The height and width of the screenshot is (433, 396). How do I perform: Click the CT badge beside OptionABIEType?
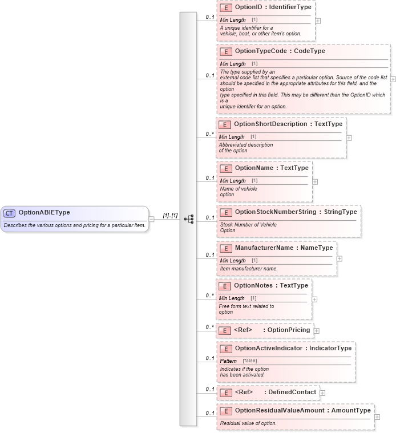(x=10, y=213)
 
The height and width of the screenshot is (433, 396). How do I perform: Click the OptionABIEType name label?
(x=44, y=213)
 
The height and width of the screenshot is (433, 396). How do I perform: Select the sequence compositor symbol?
(x=189, y=218)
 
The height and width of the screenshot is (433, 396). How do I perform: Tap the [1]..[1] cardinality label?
(x=170, y=215)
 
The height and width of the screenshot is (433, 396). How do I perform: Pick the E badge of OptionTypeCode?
(x=226, y=51)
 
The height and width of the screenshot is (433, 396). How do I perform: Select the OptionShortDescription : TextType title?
(x=288, y=124)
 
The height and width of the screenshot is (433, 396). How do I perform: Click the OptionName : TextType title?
(x=272, y=168)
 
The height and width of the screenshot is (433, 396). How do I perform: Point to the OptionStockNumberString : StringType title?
(x=296, y=212)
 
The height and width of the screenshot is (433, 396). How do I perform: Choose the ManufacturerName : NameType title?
(x=284, y=248)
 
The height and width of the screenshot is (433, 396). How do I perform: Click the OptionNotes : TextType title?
(x=271, y=286)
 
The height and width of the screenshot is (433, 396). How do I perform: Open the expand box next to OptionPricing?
(x=317, y=330)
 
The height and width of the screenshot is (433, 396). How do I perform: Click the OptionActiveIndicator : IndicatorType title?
(x=293, y=348)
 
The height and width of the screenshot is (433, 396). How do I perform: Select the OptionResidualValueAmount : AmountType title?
(x=302, y=410)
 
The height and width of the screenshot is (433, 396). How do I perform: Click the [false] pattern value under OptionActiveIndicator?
(x=249, y=361)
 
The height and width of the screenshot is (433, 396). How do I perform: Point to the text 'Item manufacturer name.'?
(x=249, y=268)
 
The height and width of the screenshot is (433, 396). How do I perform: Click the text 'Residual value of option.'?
(x=248, y=423)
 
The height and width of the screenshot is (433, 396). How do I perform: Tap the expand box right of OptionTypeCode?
(x=393, y=79)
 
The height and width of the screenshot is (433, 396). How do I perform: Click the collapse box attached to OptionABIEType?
(x=152, y=218)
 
